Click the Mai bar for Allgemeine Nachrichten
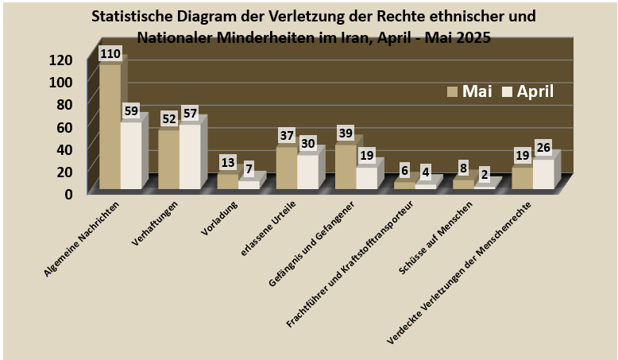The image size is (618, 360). click(110, 127)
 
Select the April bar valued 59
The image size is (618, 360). click(130, 156)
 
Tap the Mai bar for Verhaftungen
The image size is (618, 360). click(168, 159)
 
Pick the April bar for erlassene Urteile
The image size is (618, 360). click(307, 172)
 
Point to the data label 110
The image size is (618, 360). click(110, 54)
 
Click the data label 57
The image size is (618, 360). click(190, 114)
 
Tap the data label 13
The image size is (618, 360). click(228, 162)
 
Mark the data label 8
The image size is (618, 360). click(463, 168)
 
